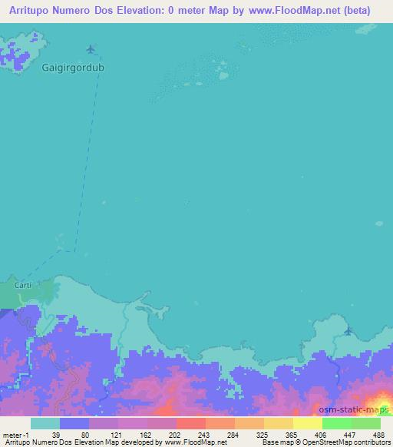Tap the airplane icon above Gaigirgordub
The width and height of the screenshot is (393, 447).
92,50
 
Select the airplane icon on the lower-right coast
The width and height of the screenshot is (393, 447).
349,331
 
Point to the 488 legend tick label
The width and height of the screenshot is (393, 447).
380,434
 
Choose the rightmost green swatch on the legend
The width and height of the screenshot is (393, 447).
365,423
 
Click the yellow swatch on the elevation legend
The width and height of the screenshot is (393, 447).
307,423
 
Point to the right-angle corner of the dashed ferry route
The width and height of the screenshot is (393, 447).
75,250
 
